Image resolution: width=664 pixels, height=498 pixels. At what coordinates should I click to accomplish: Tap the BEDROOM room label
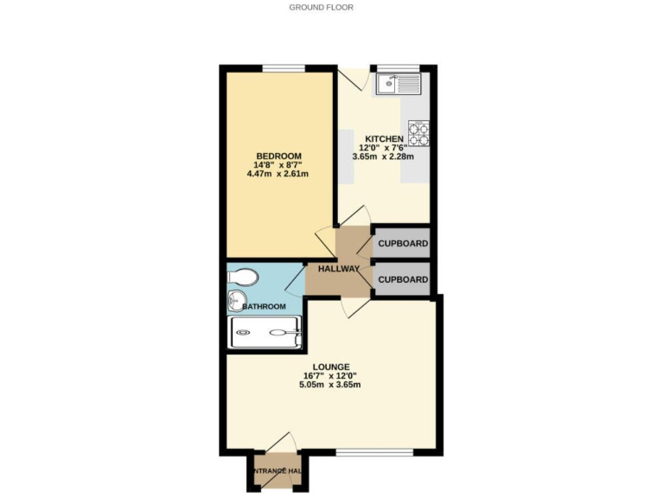click(x=278, y=156)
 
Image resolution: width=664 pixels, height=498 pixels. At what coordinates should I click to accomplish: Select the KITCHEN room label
click(x=383, y=139)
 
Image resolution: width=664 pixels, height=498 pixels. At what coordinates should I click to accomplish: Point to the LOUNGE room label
click(x=331, y=367)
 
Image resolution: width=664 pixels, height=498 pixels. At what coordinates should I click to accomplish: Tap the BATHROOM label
click(x=263, y=307)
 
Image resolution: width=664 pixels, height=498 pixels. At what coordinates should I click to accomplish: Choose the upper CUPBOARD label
click(x=403, y=244)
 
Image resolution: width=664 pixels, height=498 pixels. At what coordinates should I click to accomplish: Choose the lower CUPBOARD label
click(x=403, y=280)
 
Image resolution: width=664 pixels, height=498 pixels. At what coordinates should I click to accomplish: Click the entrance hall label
click(x=277, y=470)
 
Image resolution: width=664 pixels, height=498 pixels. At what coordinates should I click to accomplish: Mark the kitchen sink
click(x=397, y=84)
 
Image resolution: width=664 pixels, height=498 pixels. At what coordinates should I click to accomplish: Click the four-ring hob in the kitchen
click(x=418, y=132)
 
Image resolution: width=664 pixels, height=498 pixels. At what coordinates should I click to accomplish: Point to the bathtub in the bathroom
click(x=265, y=332)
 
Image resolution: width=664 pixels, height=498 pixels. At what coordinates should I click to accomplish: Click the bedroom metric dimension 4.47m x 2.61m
click(x=278, y=175)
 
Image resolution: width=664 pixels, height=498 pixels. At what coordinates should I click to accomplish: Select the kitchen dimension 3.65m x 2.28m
click(x=383, y=157)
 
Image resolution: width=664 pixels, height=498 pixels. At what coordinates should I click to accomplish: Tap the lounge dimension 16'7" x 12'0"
click(x=331, y=375)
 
